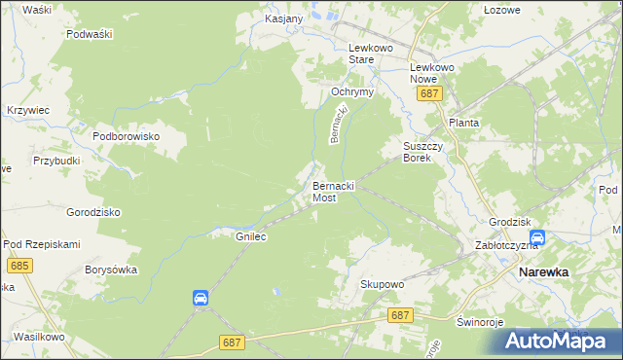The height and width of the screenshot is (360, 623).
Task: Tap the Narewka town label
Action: (x=543, y=272)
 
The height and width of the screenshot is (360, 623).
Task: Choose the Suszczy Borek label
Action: (x=423, y=151)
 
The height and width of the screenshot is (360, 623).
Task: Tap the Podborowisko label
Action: (x=126, y=137)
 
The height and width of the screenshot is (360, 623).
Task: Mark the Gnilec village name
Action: (x=251, y=235)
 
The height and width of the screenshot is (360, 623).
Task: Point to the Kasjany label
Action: (x=284, y=18)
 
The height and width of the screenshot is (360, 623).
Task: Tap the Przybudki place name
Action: (x=56, y=161)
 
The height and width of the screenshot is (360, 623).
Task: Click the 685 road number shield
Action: (x=18, y=265)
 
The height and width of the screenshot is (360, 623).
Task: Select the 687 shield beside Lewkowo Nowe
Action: (x=430, y=93)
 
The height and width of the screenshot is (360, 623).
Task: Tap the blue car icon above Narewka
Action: (x=537, y=237)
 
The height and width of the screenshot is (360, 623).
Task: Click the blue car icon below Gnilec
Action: (x=200, y=298)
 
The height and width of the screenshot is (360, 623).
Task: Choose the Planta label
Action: (x=463, y=124)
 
